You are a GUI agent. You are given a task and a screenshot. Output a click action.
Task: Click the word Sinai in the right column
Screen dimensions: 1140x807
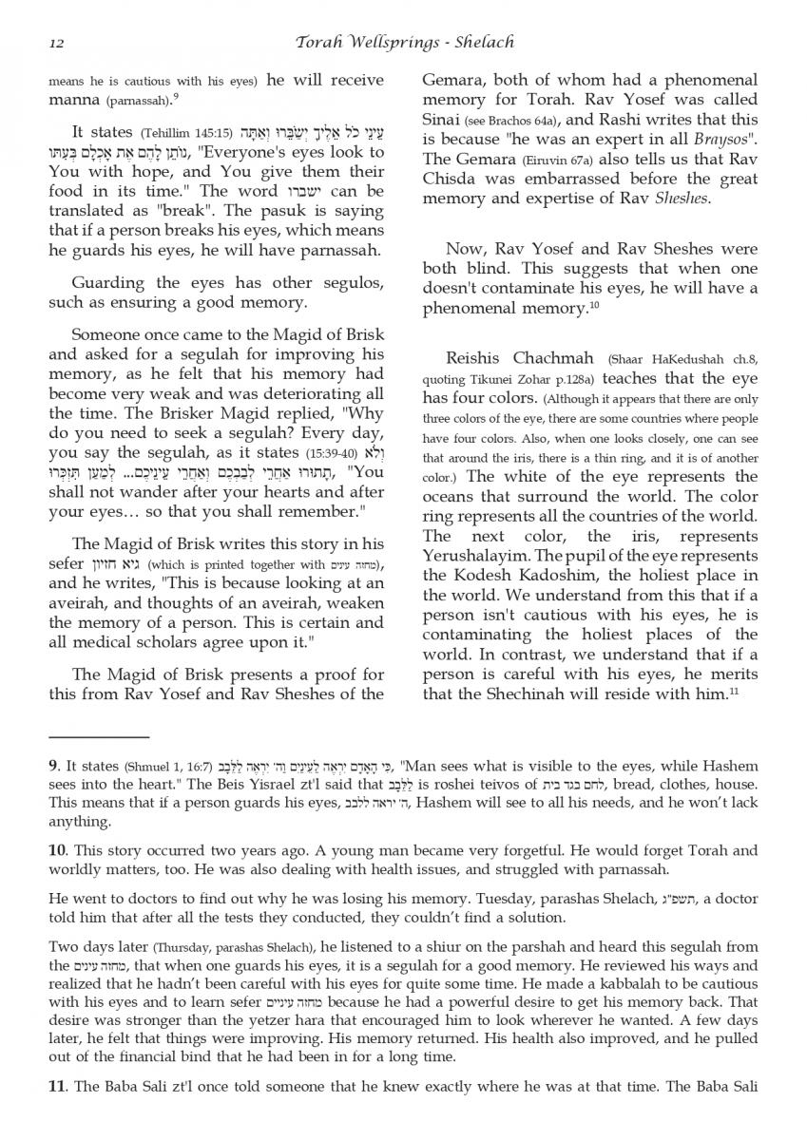click(x=443, y=120)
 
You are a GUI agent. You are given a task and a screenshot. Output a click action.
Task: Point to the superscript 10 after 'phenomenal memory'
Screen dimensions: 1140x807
click(x=594, y=303)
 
